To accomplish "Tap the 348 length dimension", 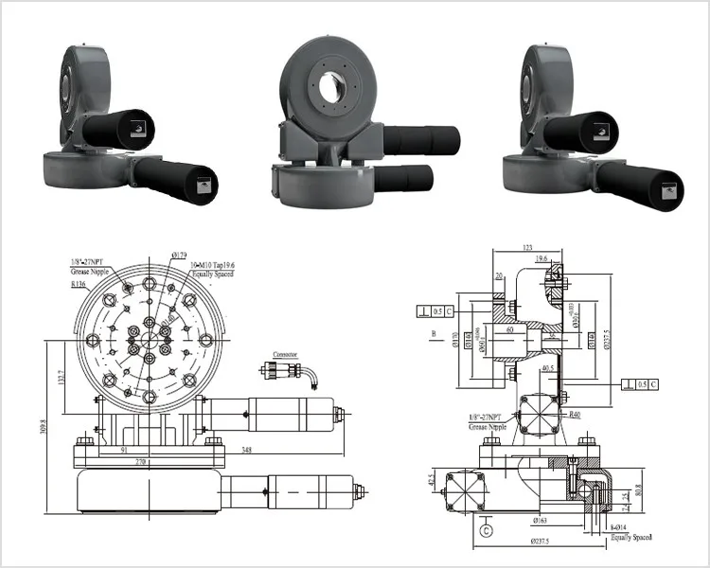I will coord(246,449).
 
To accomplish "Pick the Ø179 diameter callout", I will coord(178,255).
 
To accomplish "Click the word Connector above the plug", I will coord(286,354).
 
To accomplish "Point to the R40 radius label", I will coord(575,414).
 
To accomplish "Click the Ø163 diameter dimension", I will coord(541,520).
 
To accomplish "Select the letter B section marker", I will coord(432,334).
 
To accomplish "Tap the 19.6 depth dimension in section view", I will coord(542,257).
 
